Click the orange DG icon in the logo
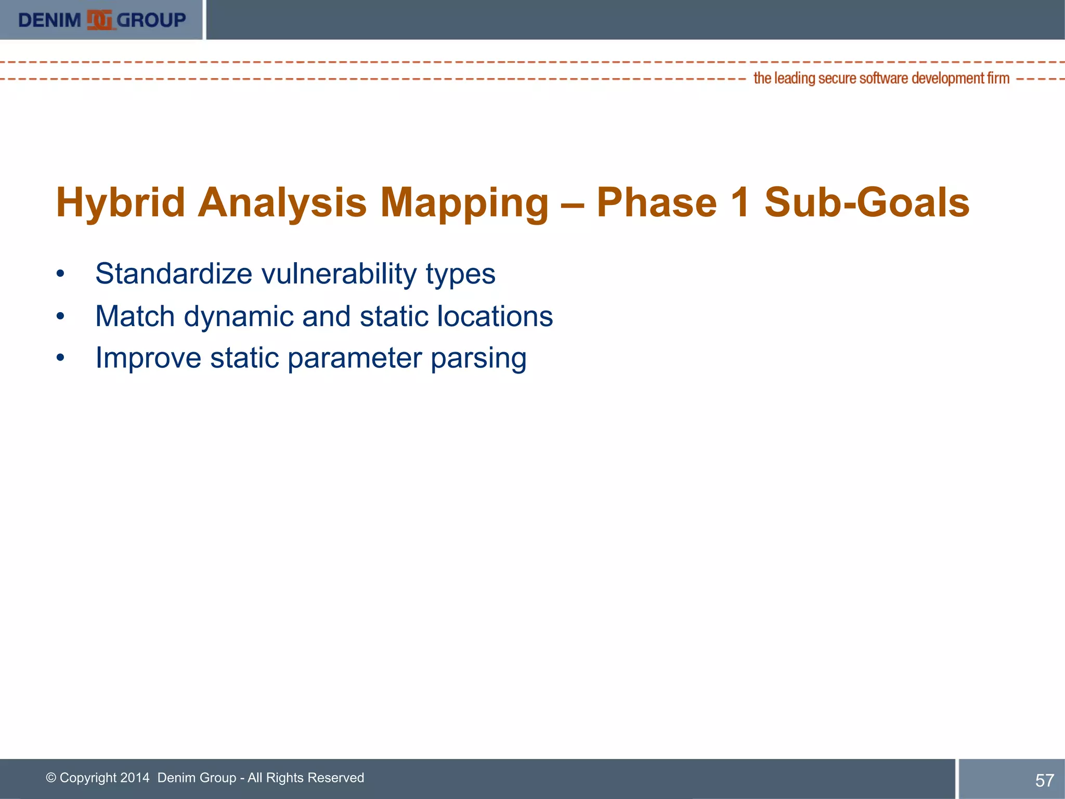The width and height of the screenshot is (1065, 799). pos(99,20)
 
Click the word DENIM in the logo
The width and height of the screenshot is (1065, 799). pos(50,20)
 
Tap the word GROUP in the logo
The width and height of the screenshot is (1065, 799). pos(151,20)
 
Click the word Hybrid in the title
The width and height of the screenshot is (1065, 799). pos(121,202)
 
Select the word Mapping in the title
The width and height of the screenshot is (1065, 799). pos(464,202)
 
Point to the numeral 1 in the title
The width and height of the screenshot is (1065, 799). pos(740,202)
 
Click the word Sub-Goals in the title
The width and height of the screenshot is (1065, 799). pos(867,202)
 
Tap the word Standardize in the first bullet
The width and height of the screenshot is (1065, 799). pos(174,274)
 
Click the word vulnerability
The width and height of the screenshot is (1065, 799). pos(338,274)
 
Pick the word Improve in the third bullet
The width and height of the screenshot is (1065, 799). pos(148,358)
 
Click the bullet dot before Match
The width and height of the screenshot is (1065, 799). pos(60,316)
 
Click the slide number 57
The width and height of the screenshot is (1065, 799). pos(1044,780)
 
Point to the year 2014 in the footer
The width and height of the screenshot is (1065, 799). pos(134,778)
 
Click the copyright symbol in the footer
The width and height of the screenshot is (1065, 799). pos(51,778)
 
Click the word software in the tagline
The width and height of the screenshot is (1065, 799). pos(884,78)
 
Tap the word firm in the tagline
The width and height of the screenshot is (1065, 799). pos(998,78)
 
